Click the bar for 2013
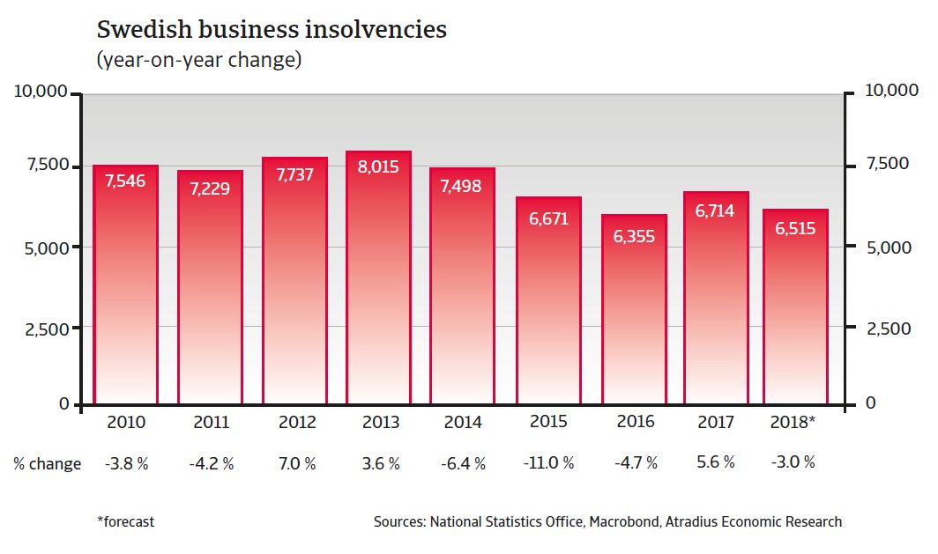378,282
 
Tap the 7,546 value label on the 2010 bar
125,181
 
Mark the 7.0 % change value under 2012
295,463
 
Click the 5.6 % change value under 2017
715,462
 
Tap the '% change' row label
47,463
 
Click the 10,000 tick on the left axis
39,92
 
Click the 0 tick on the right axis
870,403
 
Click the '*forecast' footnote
125,521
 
